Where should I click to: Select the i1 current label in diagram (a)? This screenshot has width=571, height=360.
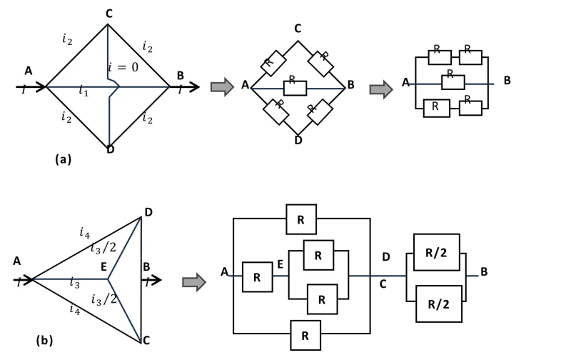pos(84,92)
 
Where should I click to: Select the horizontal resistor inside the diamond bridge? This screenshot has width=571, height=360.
pos(295,87)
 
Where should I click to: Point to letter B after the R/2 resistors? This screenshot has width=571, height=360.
pos(484,271)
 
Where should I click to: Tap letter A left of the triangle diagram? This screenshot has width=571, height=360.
pos(16,261)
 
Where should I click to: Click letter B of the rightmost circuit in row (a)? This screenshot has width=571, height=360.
pos(507,81)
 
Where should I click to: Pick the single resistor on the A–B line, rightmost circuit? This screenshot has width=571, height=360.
pos(449,81)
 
